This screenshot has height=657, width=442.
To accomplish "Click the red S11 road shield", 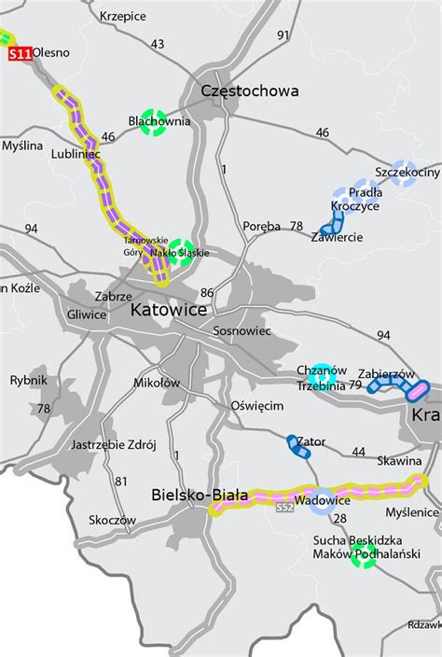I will pyautogui.click(x=19, y=55).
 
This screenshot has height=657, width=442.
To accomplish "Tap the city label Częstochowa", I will pyautogui.click(x=251, y=91).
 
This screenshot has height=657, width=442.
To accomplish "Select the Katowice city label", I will pyautogui.click(x=169, y=309).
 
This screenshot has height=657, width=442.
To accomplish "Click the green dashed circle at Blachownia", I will pyautogui.click(x=152, y=123).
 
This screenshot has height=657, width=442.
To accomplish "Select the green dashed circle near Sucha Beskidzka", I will pyautogui.click(x=364, y=554).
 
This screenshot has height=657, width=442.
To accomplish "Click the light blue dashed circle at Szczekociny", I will pyautogui.click(x=404, y=174).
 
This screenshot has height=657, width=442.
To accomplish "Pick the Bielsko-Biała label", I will pyautogui.click(x=200, y=496).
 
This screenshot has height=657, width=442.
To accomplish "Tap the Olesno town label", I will pyautogui.click(x=51, y=52).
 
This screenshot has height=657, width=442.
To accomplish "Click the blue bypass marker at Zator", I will pyautogui.click(x=299, y=446).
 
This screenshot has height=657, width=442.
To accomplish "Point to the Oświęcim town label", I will pyautogui.click(x=256, y=406).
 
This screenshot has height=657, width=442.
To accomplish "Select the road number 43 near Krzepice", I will pyautogui.click(x=157, y=44).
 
